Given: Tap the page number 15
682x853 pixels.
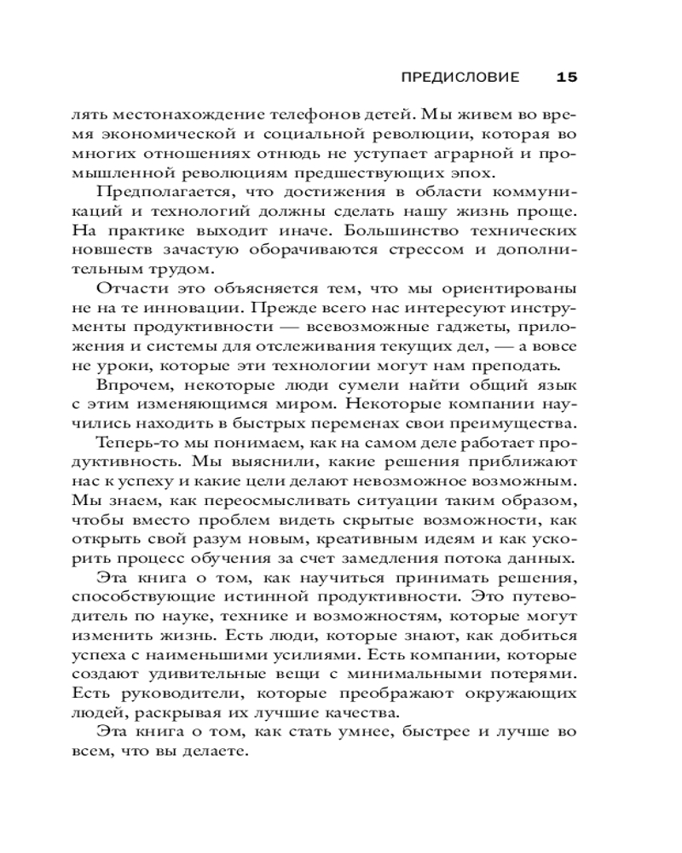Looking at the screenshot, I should tap(567, 78).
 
